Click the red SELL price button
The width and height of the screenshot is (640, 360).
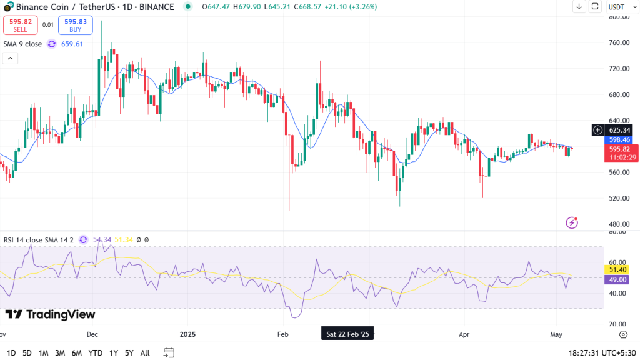click(x=21, y=25)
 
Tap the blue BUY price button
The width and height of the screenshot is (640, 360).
click(x=76, y=25)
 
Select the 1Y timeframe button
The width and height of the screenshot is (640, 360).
click(x=113, y=353)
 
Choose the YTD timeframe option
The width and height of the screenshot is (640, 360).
click(x=95, y=353)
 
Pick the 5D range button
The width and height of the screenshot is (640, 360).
click(x=27, y=353)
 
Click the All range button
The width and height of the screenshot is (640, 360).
click(x=145, y=353)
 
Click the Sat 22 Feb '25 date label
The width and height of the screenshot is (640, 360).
click(x=347, y=334)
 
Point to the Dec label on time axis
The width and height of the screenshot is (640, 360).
click(x=92, y=334)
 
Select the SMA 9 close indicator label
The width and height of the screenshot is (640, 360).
click(x=23, y=44)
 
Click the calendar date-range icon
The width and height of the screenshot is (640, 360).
click(x=169, y=352)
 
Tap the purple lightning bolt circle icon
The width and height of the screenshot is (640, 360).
click(x=571, y=222)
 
